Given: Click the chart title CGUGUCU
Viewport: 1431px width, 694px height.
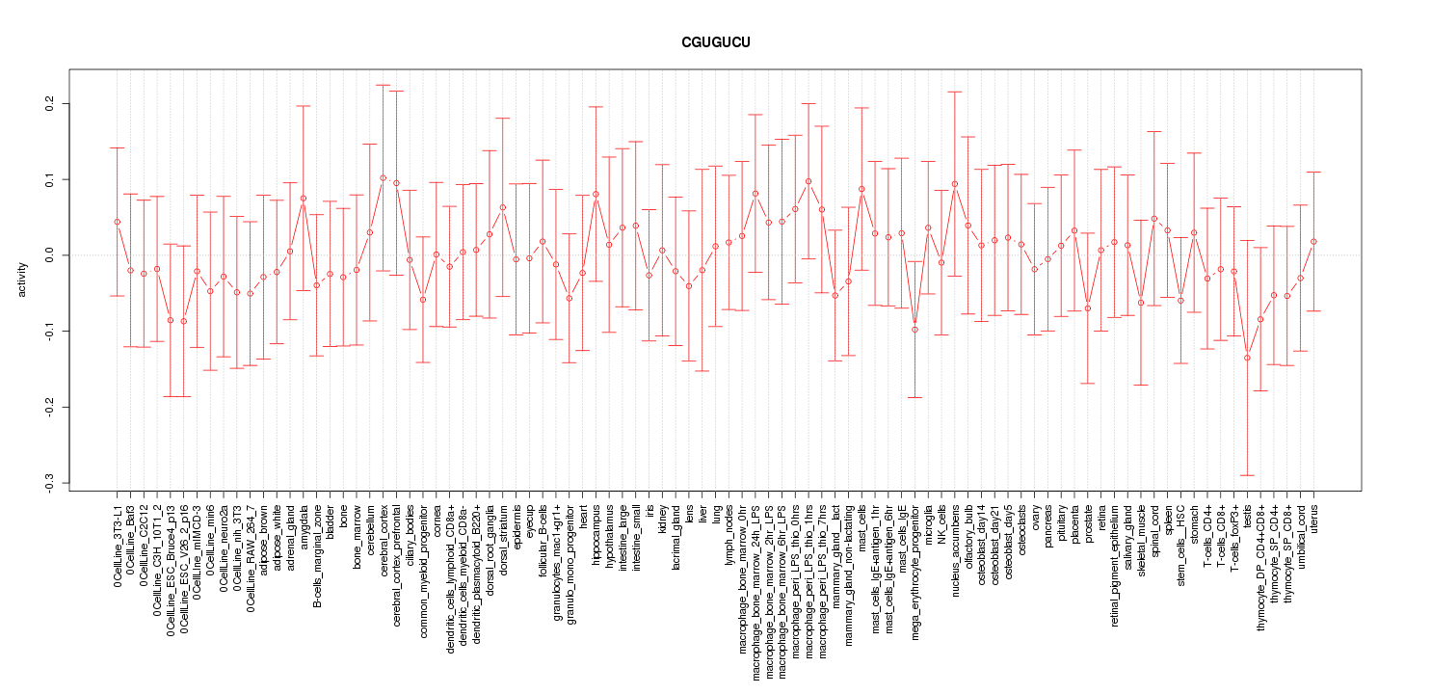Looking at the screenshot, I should [x=715, y=43].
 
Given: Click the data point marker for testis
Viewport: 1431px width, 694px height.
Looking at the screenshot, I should [x=1247, y=358].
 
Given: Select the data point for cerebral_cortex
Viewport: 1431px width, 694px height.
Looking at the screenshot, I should [x=383, y=177].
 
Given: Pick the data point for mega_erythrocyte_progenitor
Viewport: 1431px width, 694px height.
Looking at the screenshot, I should [x=914, y=330].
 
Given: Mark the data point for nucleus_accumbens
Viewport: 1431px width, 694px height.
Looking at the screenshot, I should [x=955, y=184].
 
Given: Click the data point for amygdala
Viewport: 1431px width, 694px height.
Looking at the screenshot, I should [x=303, y=199].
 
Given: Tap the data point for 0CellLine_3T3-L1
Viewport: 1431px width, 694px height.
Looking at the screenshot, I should [x=117, y=222].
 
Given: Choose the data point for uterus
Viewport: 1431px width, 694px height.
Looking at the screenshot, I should [x=1313, y=241].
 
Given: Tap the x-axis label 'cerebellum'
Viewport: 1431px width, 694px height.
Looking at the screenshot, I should [x=369, y=531].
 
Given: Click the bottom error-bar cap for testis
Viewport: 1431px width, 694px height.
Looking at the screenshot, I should [x=1247, y=475].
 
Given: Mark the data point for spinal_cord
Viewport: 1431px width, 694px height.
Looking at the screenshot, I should [x=1154, y=219].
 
